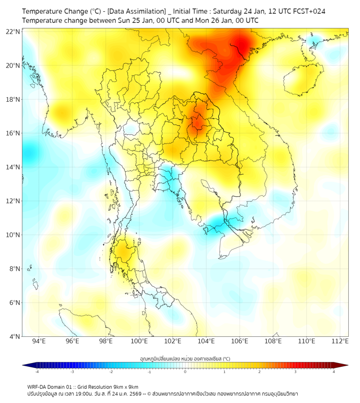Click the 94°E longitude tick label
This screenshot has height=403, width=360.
click(x=39, y=341)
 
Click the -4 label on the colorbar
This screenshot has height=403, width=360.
click(x=37, y=372)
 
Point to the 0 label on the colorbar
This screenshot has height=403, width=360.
click(x=185, y=372)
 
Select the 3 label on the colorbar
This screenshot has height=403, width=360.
click(x=296, y=372)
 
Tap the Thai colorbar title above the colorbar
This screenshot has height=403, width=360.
click(x=185, y=358)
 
